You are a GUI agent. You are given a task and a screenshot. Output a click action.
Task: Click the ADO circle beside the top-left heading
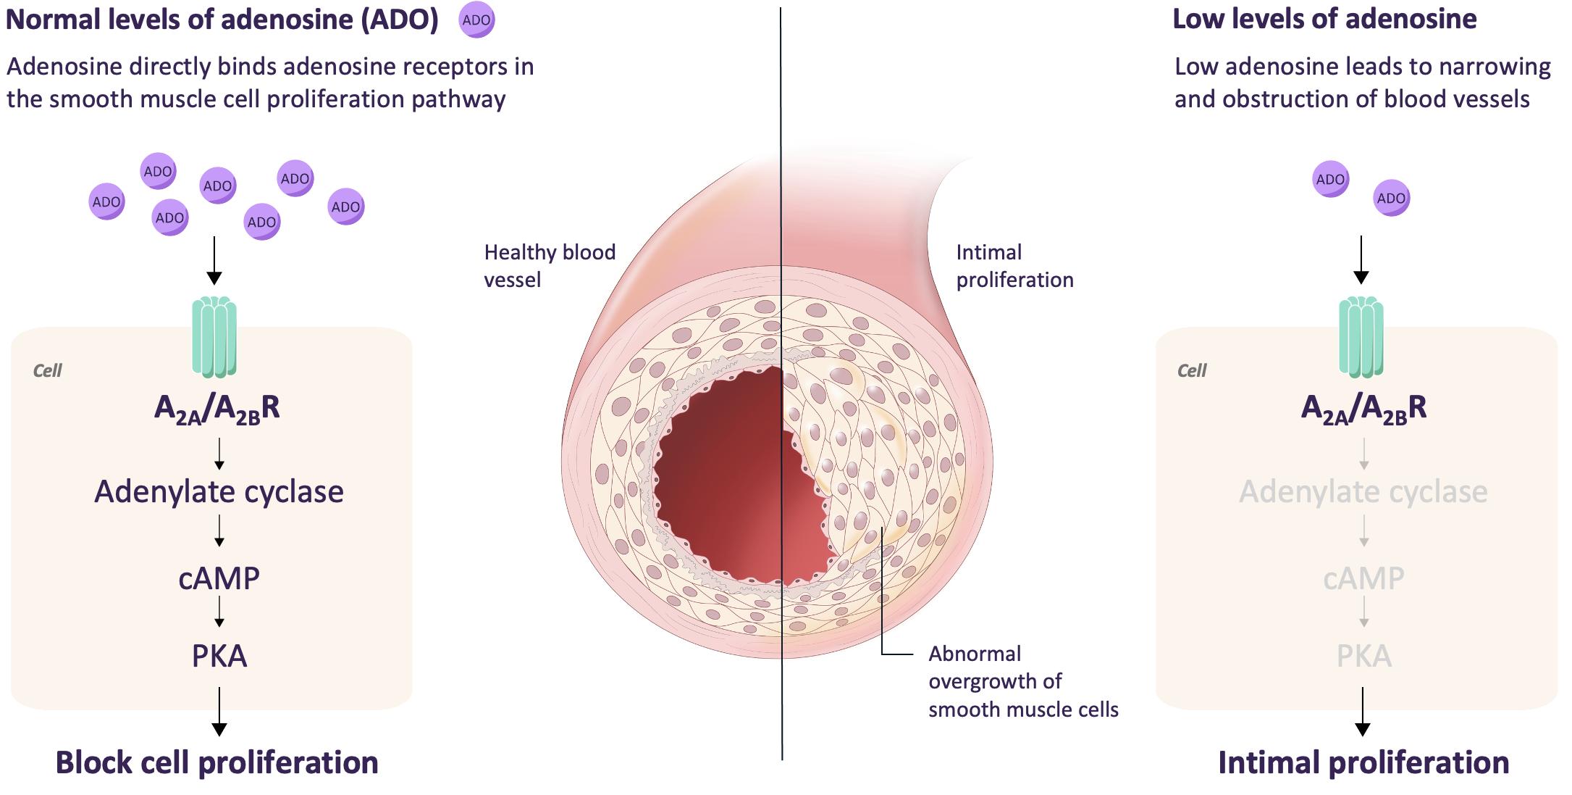[x=476, y=20]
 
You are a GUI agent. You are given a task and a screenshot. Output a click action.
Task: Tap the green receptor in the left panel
[x=214, y=337]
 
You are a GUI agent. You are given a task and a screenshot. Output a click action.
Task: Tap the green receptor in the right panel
[x=1361, y=337]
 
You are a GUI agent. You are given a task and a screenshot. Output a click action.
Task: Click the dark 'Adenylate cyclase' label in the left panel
[x=219, y=492]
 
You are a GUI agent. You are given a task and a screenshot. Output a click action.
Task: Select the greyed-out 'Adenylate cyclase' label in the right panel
[x=1363, y=492]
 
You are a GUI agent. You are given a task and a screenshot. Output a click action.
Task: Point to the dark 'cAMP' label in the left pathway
[x=219, y=578]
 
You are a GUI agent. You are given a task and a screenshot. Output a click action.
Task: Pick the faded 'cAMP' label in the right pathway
[x=1363, y=578]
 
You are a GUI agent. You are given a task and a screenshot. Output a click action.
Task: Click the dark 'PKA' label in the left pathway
[x=219, y=656]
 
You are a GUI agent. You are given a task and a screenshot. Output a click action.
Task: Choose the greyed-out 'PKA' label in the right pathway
[x=1363, y=656]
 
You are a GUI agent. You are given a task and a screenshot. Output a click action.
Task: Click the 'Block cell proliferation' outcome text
[x=217, y=763]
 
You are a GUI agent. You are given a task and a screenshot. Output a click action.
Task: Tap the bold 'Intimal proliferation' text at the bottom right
[x=1363, y=763]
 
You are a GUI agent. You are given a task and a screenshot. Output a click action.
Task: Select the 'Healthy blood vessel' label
[x=550, y=266]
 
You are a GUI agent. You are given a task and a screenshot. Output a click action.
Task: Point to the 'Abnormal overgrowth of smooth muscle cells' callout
[x=1023, y=681]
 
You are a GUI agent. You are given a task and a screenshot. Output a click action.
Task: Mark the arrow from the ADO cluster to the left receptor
[x=214, y=259]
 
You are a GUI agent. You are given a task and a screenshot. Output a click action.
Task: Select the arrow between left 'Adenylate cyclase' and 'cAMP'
[x=219, y=531]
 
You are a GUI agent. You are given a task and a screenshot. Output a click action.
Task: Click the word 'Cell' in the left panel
[x=48, y=371]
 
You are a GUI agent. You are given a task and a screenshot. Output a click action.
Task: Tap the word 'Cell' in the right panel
[x=1192, y=371]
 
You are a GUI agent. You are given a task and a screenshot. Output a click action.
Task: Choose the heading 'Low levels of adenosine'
[x=1324, y=20]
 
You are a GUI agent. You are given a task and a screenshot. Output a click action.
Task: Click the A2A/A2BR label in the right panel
[x=1363, y=409]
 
